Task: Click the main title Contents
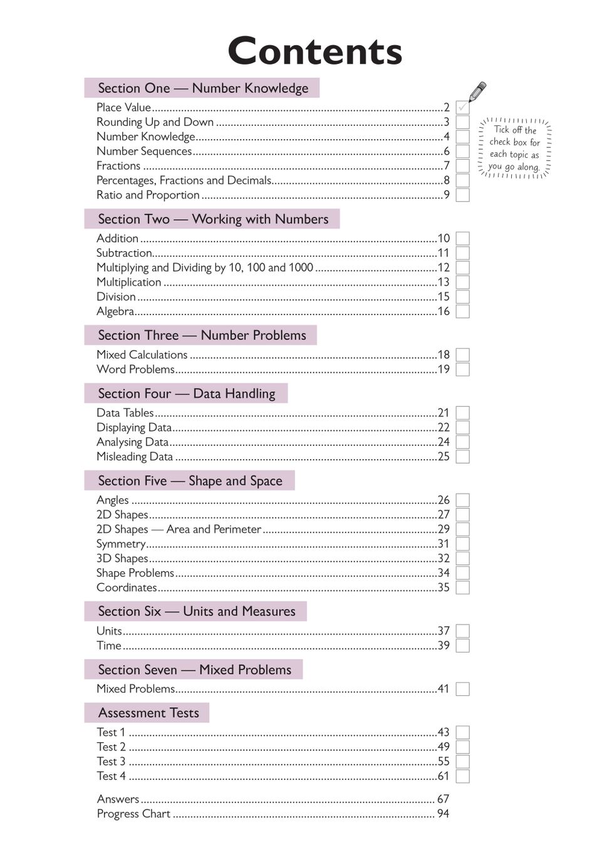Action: pos(314,51)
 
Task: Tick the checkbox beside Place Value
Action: pos(463,108)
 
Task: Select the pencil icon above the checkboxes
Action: pos(477,91)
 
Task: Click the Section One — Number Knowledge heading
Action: pos(202,88)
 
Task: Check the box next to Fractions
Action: pos(463,166)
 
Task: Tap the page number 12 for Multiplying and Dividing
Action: pos(444,268)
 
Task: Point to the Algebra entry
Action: pos(115,311)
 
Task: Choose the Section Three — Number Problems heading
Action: pos(201,335)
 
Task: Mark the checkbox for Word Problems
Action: pos(463,370)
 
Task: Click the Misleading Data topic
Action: pos(135,457)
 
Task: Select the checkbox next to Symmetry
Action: pos(463,544)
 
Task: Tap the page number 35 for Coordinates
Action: pos(444,588)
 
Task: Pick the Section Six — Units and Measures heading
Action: pos(196,611)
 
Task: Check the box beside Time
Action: pos(463,646)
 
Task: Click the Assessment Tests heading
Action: pos(148,713)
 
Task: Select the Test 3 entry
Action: pos(111,762)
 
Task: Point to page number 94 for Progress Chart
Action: pos(443,814)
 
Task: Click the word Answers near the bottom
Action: pos(118,799)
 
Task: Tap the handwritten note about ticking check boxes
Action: pos(514,148)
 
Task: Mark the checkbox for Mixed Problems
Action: pos(463,689)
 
